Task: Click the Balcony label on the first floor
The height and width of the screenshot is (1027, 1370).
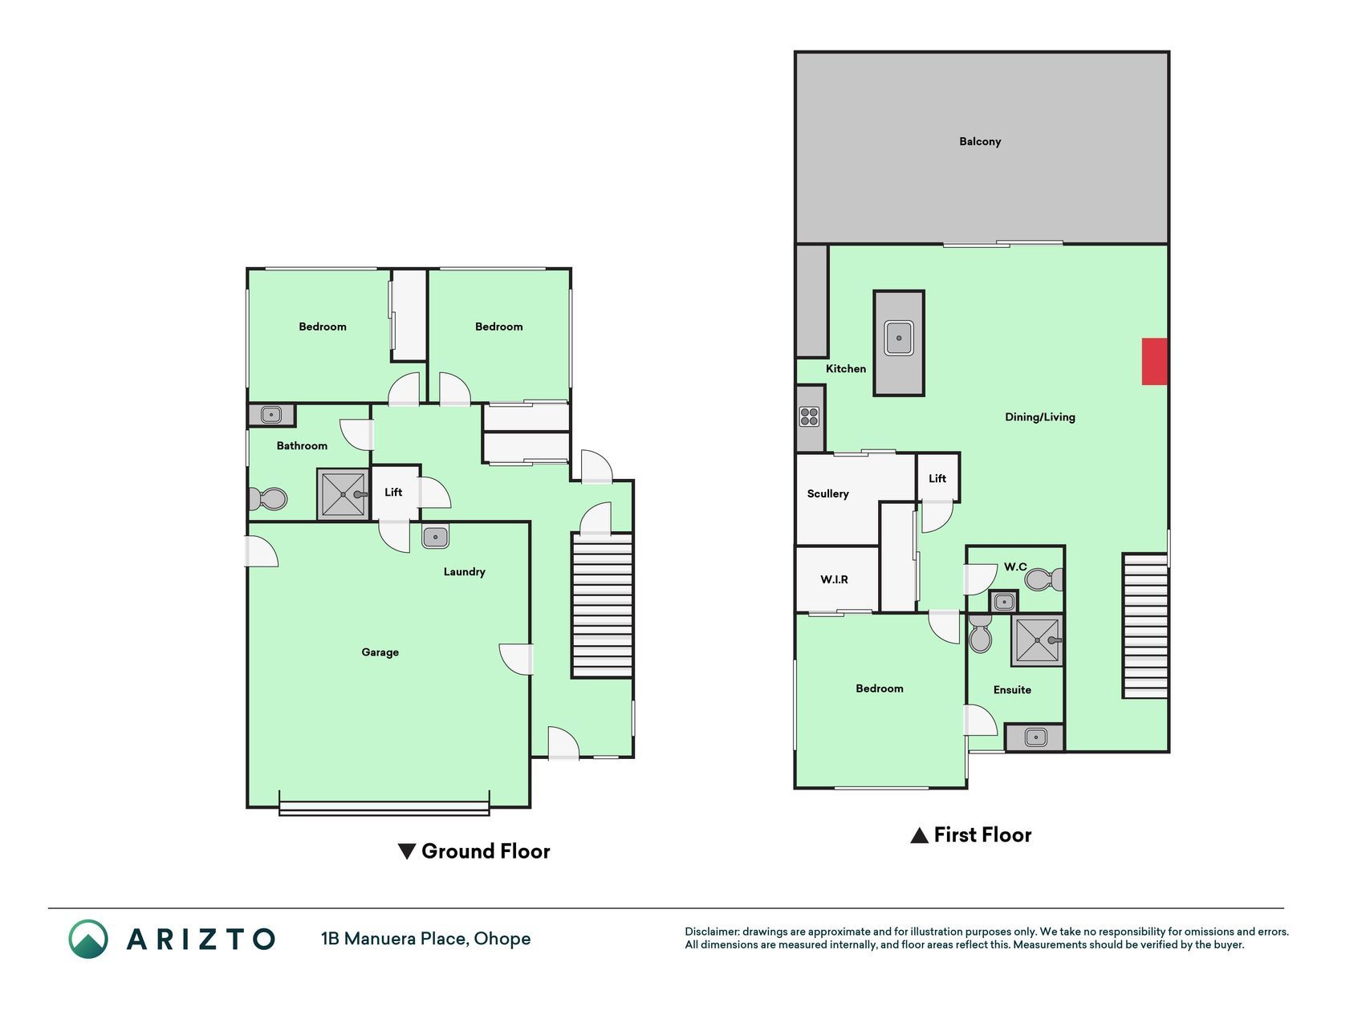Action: coord(980,141)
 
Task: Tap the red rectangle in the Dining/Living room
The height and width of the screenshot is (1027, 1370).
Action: coord(1154,361)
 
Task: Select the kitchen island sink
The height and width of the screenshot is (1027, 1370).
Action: coord(899,338)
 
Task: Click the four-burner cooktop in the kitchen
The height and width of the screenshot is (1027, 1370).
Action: coord(809,416)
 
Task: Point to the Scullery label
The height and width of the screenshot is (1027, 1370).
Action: coord(827,493)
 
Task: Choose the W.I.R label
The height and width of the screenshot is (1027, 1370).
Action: coord(834,579)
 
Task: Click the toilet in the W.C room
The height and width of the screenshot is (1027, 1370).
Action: coord(1044,579)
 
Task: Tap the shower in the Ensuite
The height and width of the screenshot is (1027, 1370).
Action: coord(1037,640)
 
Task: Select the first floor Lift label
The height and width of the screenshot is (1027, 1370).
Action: coord(937,478)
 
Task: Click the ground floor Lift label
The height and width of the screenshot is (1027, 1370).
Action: coord(393,492)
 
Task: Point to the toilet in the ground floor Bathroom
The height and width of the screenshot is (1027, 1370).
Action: coord(267,499)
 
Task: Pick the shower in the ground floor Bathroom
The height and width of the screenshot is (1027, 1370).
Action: coord(344,494)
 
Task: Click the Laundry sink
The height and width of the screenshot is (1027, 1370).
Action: coord(435,537)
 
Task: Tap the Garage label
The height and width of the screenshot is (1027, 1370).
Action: coord(380,652)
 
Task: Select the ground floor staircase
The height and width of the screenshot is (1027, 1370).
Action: coord(602,606)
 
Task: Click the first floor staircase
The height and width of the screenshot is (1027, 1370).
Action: coord(1144,626)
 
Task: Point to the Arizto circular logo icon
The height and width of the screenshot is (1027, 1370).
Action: coord(88,939)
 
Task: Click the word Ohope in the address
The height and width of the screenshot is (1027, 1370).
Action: coord(502,939)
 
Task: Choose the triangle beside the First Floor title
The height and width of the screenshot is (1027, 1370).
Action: coord(919,835)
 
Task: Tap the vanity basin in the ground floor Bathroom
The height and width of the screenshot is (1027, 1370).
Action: coord(271,415)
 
